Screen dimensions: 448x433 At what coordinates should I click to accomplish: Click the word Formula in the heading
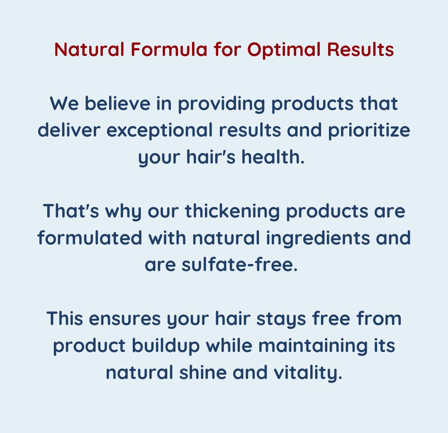tap(169, 49)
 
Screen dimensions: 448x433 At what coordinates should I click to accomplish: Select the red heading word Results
tap(360, 49)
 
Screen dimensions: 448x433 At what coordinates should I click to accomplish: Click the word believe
tap(117, 103)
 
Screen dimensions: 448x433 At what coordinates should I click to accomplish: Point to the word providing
tap(222, 104)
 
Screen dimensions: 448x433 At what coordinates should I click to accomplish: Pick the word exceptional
tap(160, 131)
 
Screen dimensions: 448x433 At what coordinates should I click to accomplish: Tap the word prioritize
tap(369, 131)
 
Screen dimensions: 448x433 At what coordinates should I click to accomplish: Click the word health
tap(273, 157)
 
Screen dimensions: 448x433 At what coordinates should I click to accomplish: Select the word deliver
tap(69, 130)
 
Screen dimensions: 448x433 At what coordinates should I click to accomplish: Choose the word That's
tap(71, 211)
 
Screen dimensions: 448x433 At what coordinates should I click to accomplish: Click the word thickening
tap(233, 212)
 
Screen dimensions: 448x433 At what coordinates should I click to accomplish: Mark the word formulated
tap(90, 238)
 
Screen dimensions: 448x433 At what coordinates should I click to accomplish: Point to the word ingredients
tap(318, 239)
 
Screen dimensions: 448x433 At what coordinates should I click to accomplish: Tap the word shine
tap(203, 373)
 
